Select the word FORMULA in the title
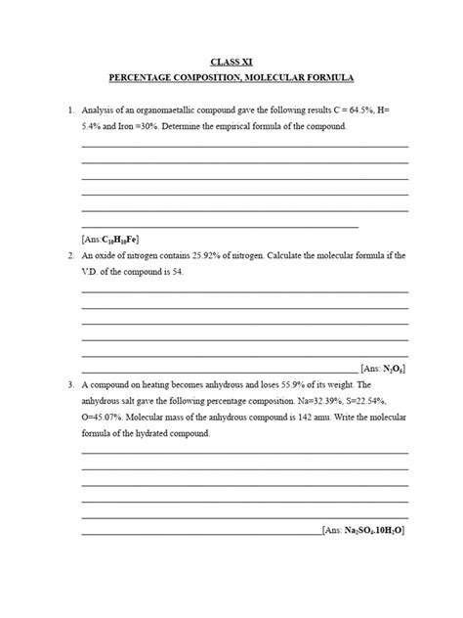coord(327,77)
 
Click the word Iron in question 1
coord(114,128)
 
